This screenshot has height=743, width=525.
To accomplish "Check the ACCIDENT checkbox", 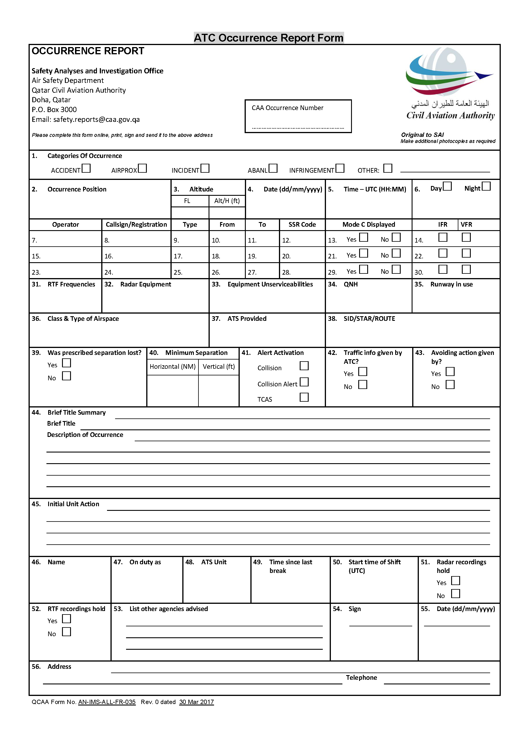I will pyautogui.click(x=86, y=168).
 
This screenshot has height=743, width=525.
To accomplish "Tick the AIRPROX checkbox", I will pyautogui.click(x=142, y=168).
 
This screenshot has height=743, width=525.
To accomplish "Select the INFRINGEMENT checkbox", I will pyautogui.click(x=340, y=168).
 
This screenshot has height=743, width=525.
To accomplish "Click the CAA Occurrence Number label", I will pyautogui.click(x=287, y=108).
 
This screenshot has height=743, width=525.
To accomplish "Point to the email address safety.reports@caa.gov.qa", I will pyautogui.click(x=96, y=120).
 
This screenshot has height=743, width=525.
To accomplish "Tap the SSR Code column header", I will pyautogui.click(x=302, y=225).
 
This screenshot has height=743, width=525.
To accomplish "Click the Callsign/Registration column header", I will pyautogui.click(x=136, y=225).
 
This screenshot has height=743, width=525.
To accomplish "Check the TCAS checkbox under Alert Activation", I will pyautogui.click(x=304, y=397).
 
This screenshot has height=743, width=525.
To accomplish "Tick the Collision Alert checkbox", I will pyautogui.click(x=304, y=382).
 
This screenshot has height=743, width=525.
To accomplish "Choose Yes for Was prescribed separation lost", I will pyautogui.click(x=66, y=363).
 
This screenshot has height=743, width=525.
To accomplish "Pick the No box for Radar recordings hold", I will pyautogui.click(x=455, y=593).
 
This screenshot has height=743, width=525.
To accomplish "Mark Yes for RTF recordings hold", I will pyautogui.click(x=66, y=619).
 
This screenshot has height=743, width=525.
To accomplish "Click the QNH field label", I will pyautogui.click(x=350, y=284).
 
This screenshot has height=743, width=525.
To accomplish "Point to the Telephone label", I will pyautogui.click(x=361, y=677).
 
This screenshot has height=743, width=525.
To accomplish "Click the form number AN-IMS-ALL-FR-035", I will pyautogui.click(x=107, y=702).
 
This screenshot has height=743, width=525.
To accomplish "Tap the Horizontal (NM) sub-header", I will pyautogui.click(x=172, y=366).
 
